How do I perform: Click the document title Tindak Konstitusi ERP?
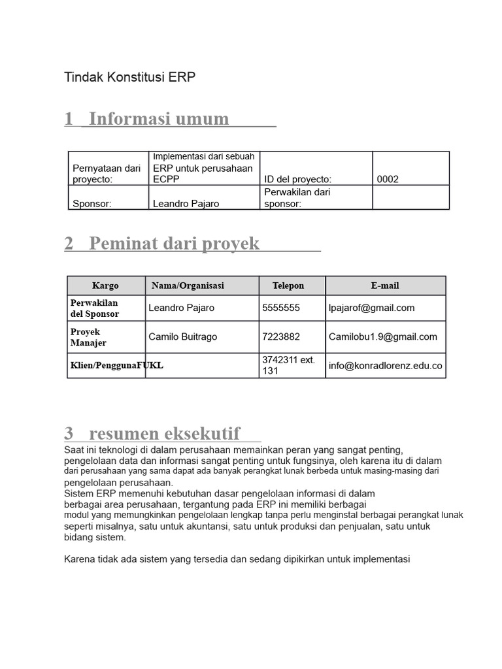pos(129,77)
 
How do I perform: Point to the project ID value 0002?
pos(388,180)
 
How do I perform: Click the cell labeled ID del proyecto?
pos(297,180)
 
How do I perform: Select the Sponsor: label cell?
pos(92,203)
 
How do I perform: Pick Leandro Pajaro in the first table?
pos(186,203)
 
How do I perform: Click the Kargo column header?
pos(105,286)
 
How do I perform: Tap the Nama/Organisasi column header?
pos(188,286)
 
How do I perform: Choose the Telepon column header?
pos(288,286)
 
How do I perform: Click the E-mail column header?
pos(385,286)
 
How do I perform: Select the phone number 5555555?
pos(281,308)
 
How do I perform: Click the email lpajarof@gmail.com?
pos(372,308)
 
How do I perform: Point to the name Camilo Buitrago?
pos(183,336)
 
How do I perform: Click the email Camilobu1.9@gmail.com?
pos(383,336)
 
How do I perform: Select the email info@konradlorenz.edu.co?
pos(386,366)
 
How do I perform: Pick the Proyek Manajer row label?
pos(88,337)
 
